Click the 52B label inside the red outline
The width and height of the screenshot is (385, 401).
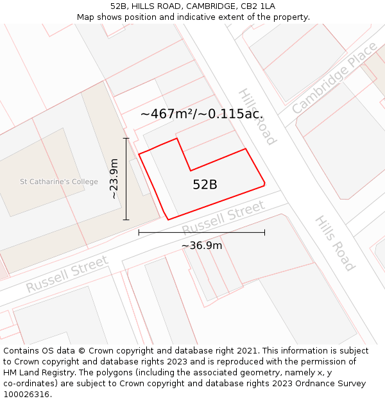coord(205,185)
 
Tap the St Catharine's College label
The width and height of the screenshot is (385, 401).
coord(59,182)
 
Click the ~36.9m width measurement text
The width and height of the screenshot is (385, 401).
coord(201,246)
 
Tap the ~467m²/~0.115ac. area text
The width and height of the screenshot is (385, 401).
coord(201,114)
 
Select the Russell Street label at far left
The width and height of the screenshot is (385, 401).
coord(67,275)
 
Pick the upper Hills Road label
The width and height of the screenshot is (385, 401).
coord(257,116)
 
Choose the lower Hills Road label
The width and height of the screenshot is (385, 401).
coord(334,243)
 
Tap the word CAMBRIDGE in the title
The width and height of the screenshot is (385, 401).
coord(196,6)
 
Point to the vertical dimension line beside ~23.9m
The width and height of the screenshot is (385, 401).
coord(126,178)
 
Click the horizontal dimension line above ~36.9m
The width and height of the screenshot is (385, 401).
coord(201,232)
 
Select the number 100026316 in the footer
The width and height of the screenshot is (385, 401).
coord(28,395)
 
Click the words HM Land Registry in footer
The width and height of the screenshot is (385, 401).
coord(38,373)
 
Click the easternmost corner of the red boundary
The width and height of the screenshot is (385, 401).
coord(265,184)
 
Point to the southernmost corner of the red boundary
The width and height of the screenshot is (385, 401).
coord(168,220)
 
